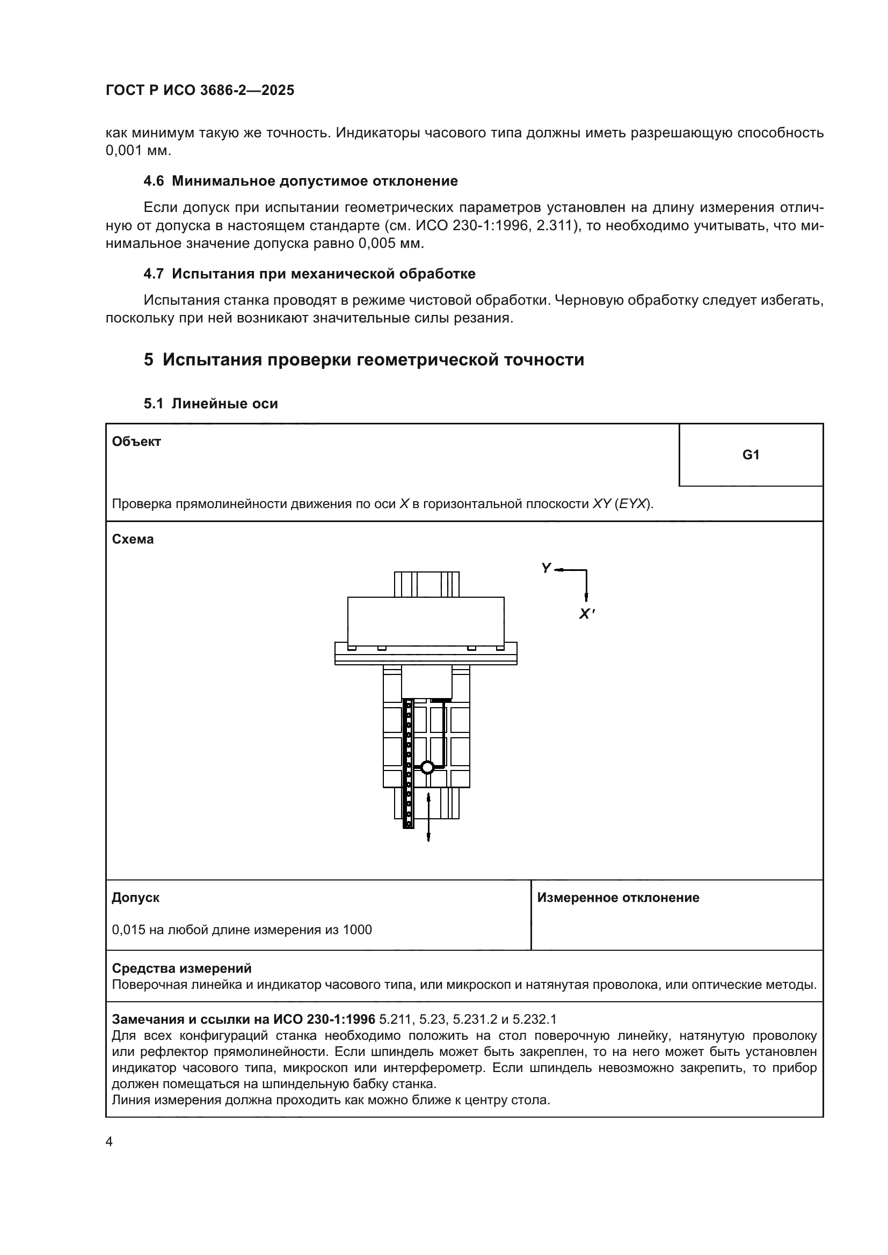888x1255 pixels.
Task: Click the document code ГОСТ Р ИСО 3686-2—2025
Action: [x=200, y=90]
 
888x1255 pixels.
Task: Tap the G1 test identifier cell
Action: [x=750, y=455]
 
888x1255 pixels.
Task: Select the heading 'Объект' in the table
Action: [x=136, y=442]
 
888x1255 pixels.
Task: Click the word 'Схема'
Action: [x=133, y=539]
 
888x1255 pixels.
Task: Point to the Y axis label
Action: [x=545, y=568]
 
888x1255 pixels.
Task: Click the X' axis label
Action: [x=586, y=614]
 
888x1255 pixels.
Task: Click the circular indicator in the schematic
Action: [x=427, y=767]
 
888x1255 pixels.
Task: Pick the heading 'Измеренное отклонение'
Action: [x=618, y=898]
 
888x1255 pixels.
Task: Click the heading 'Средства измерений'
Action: [x=181, y=968]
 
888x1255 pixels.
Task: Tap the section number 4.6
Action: [x=154, y=181]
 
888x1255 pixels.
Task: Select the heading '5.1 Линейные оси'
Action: [x=210, y=404]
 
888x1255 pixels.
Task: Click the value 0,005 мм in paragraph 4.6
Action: [x=390, y=243]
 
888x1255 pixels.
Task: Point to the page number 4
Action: [x=109, y=1142]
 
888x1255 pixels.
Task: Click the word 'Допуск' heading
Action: [x=136, y=898]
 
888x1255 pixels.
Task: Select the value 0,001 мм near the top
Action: [x=138, y=151]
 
